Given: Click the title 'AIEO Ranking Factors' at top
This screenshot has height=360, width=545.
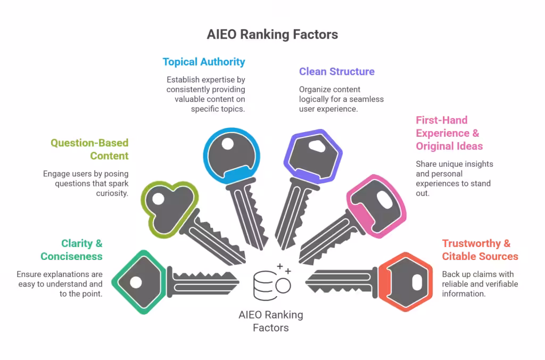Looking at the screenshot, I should click(272, 35).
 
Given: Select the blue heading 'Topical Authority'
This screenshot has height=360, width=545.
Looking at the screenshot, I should click(204, 62).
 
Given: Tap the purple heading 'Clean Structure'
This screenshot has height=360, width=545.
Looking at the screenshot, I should click(336, 71).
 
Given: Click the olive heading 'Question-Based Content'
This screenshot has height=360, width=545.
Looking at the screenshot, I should click(89, 149).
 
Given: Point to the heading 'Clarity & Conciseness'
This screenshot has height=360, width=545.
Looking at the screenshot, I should click(72, 250).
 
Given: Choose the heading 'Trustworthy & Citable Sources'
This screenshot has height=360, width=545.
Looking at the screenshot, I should click(480, 250).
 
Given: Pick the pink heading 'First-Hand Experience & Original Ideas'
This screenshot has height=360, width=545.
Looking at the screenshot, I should click(449, 133).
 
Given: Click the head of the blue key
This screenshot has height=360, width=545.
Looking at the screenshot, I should click(232, 151).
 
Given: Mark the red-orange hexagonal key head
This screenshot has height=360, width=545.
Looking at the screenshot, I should click(408, 281).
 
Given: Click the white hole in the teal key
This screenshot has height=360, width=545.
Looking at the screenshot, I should click(136, 282).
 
